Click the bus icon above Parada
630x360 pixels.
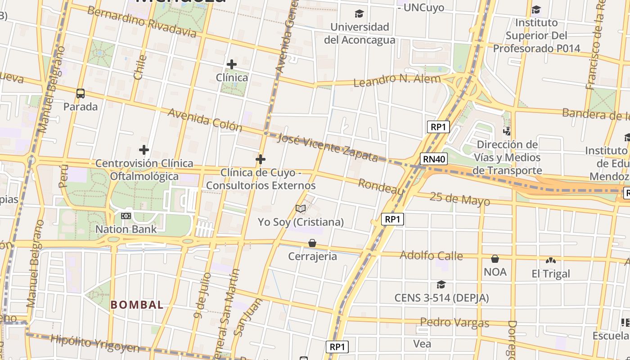point(81,94)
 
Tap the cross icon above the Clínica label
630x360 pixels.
point(232,64)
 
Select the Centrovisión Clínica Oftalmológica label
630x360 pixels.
point(144,170)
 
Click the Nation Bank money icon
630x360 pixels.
point(126,216)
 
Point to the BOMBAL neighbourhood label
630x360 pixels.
point(137,305)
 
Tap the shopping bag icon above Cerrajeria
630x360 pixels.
point(312,243)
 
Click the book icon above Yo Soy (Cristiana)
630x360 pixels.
point(301,208)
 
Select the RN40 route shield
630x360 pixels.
point(434,158)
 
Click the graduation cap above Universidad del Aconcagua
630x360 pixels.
point(359,13)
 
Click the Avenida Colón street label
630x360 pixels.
point(205,120)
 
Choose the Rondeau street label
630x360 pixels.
point(381,186)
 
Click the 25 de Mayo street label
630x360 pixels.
point(459,198)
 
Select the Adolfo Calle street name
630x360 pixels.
point(431,256)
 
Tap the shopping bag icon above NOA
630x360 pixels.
point(495,259)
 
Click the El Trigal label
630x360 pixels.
point(551,274)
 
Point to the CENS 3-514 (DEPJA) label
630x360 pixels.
point(441,298)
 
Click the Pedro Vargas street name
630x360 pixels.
point(454,322)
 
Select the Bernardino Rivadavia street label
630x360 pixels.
point(142,22)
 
